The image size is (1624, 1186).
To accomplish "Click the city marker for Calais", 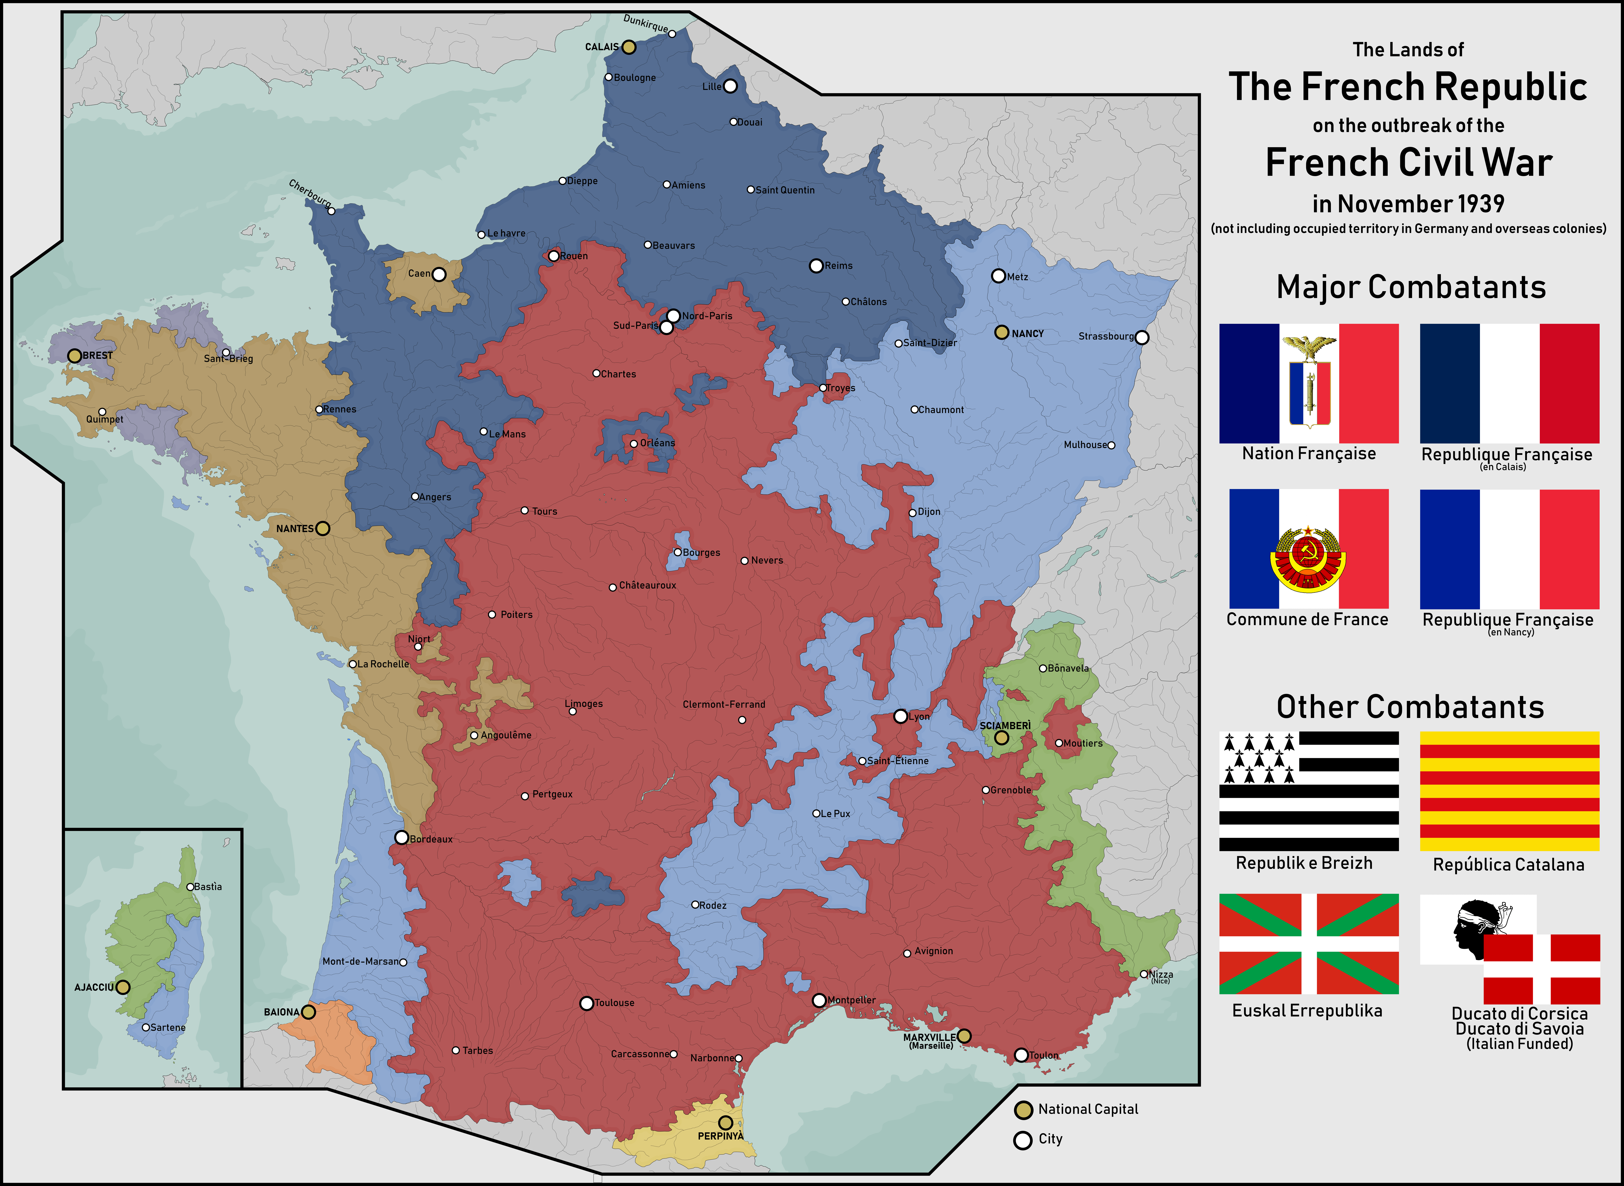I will (629, 47).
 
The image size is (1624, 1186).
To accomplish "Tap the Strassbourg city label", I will (1106, 336).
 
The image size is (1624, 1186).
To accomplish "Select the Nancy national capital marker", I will (1002, 332).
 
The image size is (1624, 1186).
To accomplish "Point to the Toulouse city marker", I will (586, 1003).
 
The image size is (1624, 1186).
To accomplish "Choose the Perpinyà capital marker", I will (725, 1122).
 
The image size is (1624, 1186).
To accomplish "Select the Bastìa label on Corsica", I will (208, 887).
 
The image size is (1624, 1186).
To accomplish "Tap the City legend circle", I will (1023, 1140).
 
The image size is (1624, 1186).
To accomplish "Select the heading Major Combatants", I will (1411, 287).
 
